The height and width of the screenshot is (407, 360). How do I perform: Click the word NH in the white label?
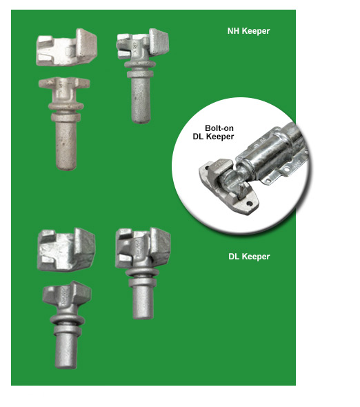[x=233, y=31]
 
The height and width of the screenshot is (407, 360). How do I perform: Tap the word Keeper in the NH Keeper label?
[x=256, y=32]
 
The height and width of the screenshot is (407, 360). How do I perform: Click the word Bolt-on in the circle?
[x=219, y=128]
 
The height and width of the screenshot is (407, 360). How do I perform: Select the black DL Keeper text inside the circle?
[x=213, y=137]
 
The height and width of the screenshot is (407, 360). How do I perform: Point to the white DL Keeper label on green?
[x=249, y=257]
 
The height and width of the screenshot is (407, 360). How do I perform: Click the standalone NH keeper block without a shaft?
[x=67, y=47]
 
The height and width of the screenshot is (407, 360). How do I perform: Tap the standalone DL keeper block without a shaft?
[x=66, y=250]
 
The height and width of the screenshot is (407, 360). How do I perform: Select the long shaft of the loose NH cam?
[x=66, y=146]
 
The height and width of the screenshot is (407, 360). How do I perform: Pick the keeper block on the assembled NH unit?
[x=142, y=44]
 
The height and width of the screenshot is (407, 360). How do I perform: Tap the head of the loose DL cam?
[x=67, y=295]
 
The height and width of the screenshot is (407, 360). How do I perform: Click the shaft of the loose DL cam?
[x=66, y=350]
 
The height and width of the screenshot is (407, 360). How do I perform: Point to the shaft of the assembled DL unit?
[x=143, y=302]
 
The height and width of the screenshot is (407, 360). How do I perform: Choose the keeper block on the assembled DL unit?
[x=143, y=248]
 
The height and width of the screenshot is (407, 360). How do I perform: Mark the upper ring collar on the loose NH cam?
[x=66, y=106]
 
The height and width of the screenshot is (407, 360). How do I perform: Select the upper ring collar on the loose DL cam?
[x=67, y=319]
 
